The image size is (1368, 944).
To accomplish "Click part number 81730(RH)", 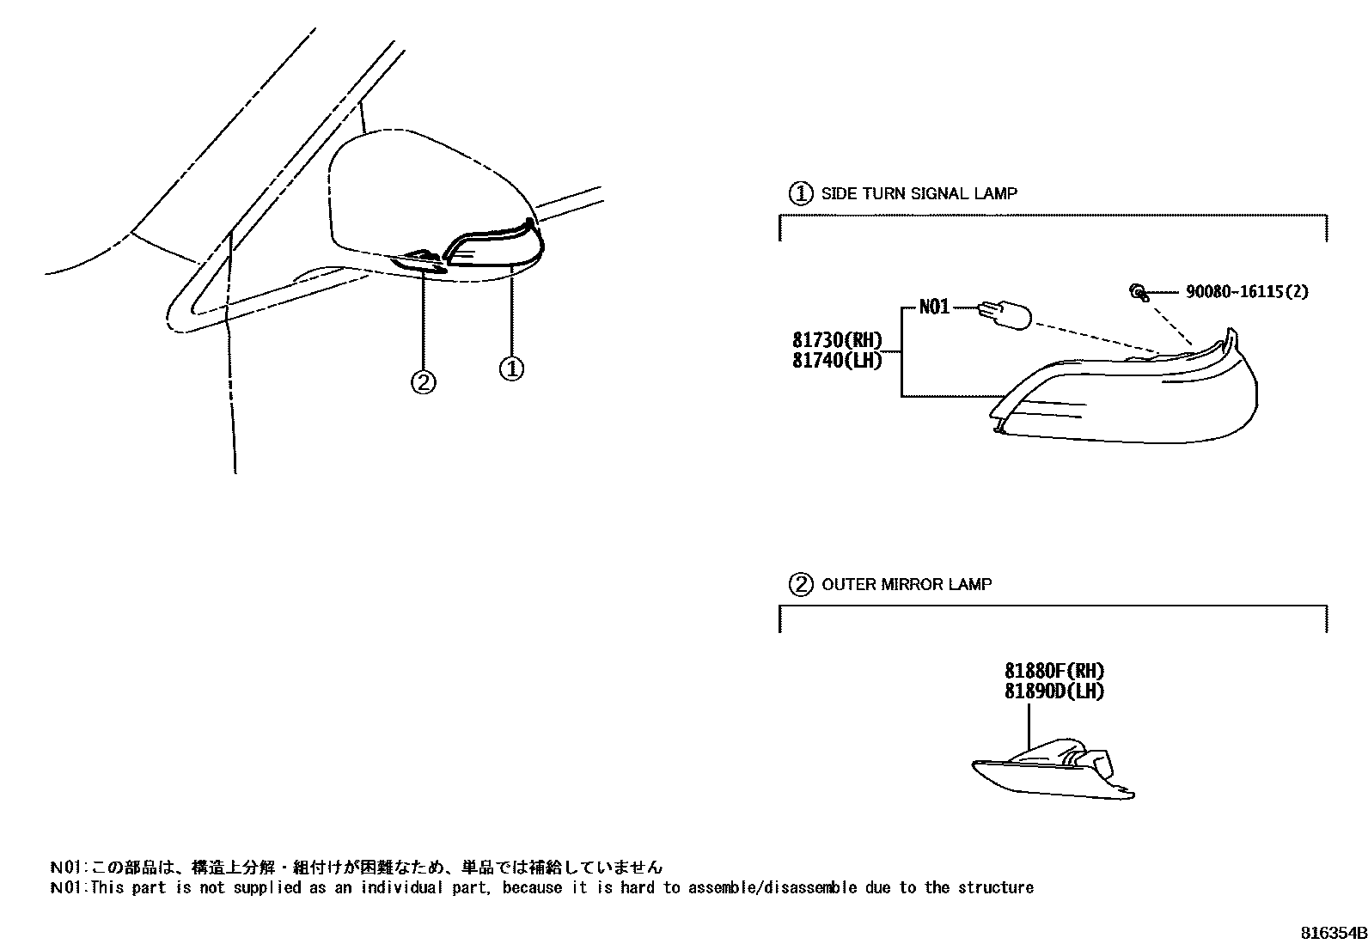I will (x=837, y=340).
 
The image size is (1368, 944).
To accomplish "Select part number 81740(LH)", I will (x=837, y=361).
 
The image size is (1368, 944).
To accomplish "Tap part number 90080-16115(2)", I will (x=1247, y=292).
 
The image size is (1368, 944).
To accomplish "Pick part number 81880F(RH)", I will (x=1053, y=672).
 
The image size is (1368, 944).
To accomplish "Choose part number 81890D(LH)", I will (x=1053, y=691).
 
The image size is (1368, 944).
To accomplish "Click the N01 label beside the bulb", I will (x=934, y=307).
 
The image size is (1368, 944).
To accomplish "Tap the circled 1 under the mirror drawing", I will (x=511, y=369).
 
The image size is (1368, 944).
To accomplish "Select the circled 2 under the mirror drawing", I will (x=423, y=381).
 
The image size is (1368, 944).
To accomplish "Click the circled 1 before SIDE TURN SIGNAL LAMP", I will (x=800, y=193).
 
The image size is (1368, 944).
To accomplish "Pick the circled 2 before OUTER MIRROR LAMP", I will (x=800, y=585).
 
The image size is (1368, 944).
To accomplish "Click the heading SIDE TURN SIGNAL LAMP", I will (x=919, y=194).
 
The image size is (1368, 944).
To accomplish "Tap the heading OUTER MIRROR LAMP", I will (x=907, y=585).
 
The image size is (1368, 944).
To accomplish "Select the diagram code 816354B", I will (x=1332, y=933).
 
